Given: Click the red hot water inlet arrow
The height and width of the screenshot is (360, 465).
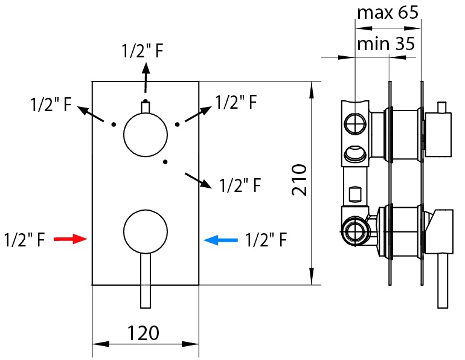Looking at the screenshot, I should pyautogui.click(x=71, y=239).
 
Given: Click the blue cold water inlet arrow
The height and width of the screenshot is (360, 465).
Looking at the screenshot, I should pyautogui.click(x=222, y=240).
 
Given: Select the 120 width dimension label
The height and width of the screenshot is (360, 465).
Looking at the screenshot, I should pyautogui.click(x=144, y=332).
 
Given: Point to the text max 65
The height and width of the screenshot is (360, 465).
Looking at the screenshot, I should pyautogui.click(x=387, y=13).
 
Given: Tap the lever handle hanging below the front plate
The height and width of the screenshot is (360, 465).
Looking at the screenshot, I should pyautogui.click(x=146, y=281).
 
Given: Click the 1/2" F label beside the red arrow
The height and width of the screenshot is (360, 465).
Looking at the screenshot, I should pyautogui.click(x=24, y=240).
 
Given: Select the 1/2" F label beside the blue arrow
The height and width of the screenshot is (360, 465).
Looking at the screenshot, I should pyautogui.click(x=266, y=240).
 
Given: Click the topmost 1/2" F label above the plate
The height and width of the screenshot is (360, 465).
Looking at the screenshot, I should pyautogui.click(x=143, y=51).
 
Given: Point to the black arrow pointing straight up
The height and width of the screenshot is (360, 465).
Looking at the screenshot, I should pyautogui.click(x=145, y=79).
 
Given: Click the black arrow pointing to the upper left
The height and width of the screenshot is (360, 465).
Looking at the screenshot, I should pyautogui.click(x=90, y=114).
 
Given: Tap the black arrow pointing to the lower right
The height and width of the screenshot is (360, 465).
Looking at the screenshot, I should pyautogui.click(x=199, y=180).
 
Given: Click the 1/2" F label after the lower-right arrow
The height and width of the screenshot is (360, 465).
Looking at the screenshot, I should pyautogui.click(x=240, y=185).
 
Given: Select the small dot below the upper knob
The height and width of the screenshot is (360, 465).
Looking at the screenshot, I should pyautogui.click(x=165, y=162).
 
